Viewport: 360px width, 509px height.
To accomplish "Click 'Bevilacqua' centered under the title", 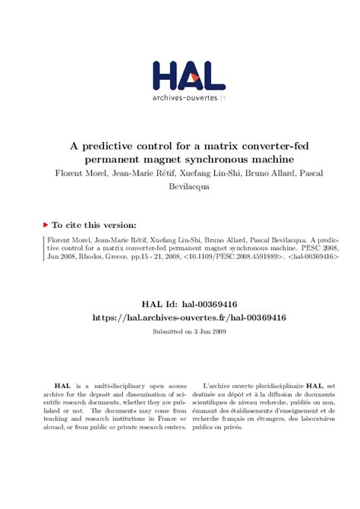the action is click(x=189, y=188).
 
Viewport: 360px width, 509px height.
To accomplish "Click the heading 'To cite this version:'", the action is click(x=94, y=225).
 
